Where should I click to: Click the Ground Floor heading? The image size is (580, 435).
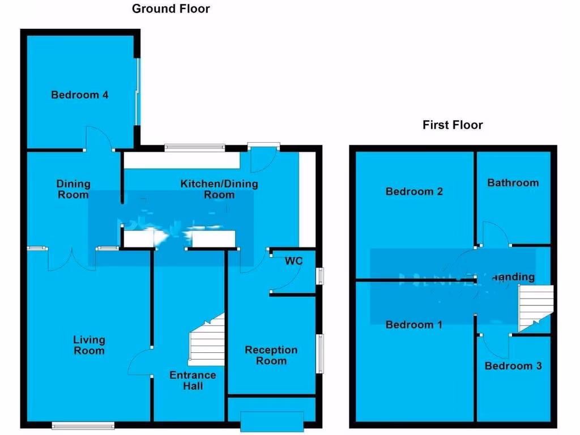(x=170, y=8)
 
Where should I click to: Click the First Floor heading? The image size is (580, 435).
(x=453, y=125)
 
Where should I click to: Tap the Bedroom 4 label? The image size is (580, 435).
(x=80, y=95)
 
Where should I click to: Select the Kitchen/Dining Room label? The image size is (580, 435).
(x=219, y=189)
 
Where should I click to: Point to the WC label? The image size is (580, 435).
(x=293, y=261)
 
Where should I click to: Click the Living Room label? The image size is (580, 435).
(x=89, y=345)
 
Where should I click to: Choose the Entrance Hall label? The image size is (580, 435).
(x=193, y=380)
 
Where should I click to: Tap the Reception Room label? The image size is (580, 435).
(x=271, y=355)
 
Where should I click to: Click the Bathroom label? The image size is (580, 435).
(x=513, y=182)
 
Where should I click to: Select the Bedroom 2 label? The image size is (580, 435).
(x=414, y=191)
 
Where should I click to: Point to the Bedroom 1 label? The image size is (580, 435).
(x=414, y=325)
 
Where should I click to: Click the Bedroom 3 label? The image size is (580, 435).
(x=513, y=366)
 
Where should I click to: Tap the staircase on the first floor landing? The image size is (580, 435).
(x=536, y=308)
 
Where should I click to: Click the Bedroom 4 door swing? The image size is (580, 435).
(x=98, y=139)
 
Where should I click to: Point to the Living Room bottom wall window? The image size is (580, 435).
(x=83, y=425)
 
